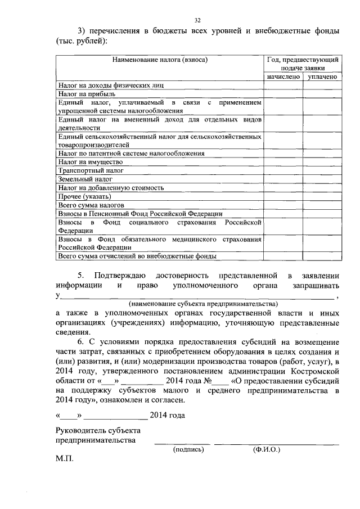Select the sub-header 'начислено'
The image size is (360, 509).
tap(283, 76)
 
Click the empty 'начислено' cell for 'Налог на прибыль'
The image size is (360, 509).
tap(283, 94)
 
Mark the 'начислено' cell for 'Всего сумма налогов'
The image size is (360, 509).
tap(283, 205)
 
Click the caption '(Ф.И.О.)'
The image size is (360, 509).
tap(267, 449)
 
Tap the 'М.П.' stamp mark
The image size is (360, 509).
tap(65, 459)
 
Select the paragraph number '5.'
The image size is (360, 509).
tap(80, 275)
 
